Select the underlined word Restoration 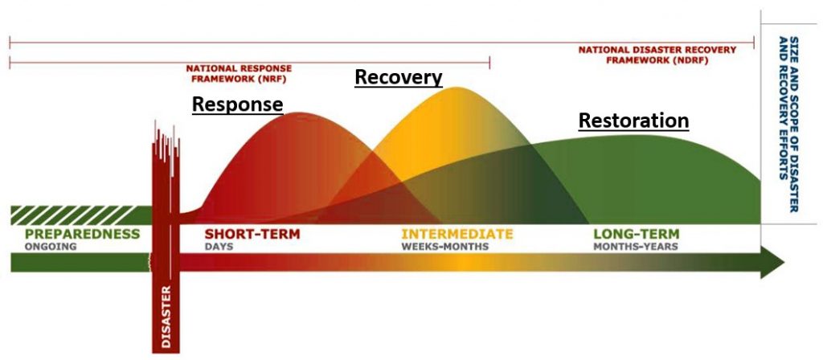click(633, 121)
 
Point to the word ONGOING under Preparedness click(51, 247)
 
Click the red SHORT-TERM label click(252, 234)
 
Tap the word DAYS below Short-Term click(219, 247)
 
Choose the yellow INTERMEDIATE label click(457, 234)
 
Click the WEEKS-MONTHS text click(445, 247)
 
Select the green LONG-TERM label click(637, 234)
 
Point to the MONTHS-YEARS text click(636, 247)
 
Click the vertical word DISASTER click(166, 317)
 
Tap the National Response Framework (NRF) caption click(239, 74)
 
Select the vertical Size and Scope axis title click(788, 124)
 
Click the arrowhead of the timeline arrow click(772, 262)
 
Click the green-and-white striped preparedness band click(81, 215)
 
